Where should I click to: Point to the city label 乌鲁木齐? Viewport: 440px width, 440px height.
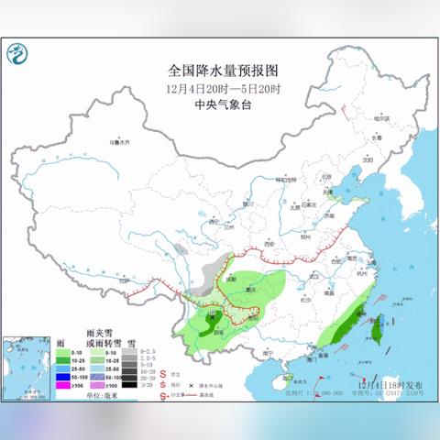120,144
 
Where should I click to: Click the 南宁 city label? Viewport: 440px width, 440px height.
269,352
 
